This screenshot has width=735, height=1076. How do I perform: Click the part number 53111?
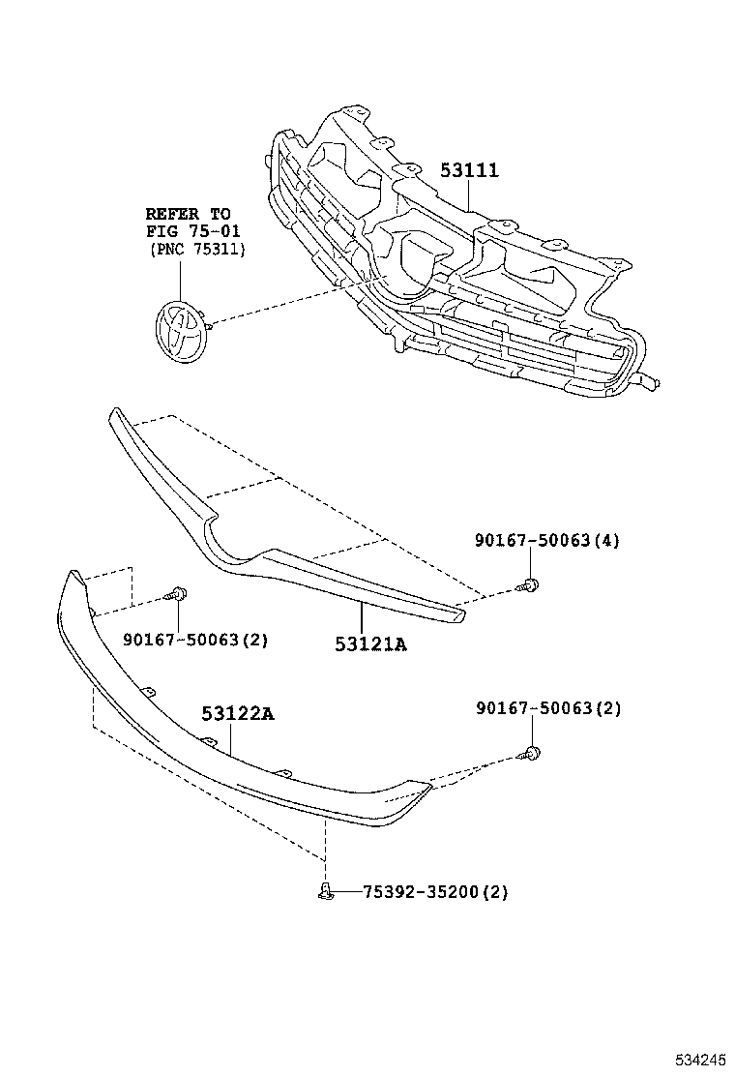[x=469, y=170]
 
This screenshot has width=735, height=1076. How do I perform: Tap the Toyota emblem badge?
[x=182, y=330]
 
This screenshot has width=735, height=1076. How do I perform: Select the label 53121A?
[x=370, y=643]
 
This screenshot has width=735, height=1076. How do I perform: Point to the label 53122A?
[x=238, y=714]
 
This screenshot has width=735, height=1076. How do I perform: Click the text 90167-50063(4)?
[x=546, y=541]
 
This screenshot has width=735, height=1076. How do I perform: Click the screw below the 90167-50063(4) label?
[x=529, y=583]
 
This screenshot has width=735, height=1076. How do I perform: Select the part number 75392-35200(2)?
[x=435, y=892]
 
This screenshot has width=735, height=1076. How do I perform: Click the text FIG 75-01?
[x=192, y=231]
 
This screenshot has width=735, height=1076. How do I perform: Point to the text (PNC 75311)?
[x=197, y=250]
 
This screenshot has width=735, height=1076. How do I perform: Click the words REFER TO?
[x=189, y=213]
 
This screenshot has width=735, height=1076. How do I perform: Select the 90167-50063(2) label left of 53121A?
[x=195, y=640]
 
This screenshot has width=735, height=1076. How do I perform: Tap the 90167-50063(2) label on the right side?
[x=548, y=709]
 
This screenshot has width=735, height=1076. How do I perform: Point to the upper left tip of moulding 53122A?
[x=73, y=579]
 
